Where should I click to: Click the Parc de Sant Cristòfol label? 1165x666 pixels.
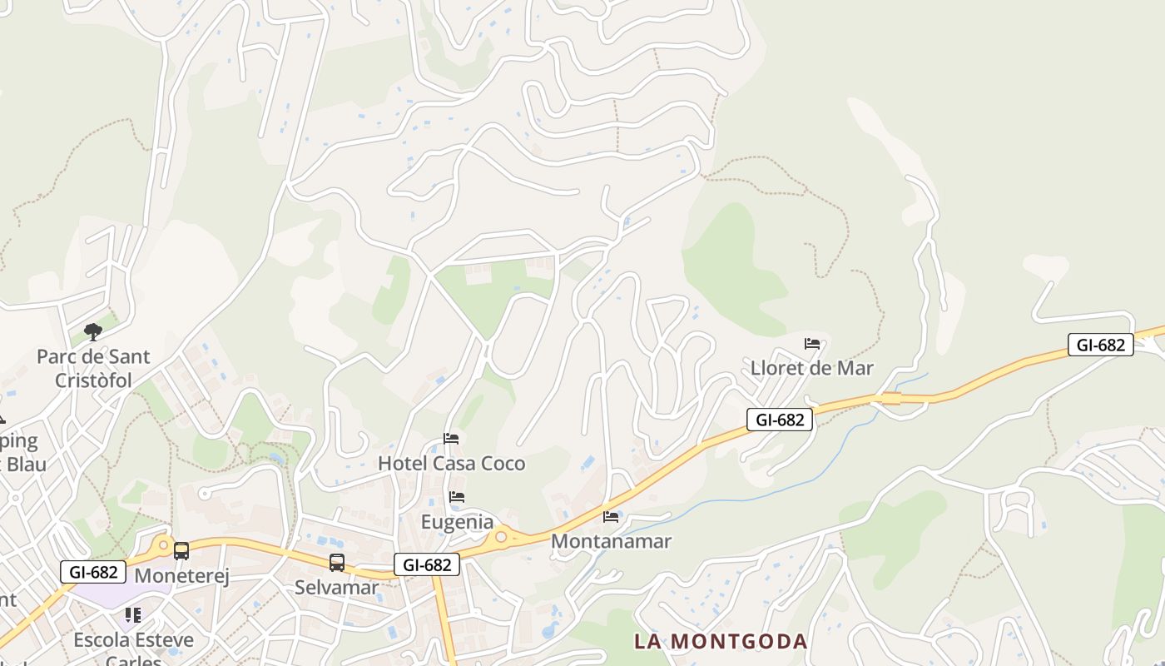93,368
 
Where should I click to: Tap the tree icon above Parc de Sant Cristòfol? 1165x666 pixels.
93,332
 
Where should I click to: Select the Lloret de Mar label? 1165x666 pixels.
811,368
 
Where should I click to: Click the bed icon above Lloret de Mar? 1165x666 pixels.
812,343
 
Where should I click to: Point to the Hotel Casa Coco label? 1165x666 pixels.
452,463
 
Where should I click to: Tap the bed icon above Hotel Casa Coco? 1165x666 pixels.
451,438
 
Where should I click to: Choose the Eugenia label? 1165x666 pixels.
457,522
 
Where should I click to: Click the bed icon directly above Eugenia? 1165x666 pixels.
457,497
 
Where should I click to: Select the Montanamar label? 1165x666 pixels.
611,541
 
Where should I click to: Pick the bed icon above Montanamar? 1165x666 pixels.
611,516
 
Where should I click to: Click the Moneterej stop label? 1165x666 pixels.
181,575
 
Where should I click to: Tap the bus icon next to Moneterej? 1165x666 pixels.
181,550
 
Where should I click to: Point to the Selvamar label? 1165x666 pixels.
336,587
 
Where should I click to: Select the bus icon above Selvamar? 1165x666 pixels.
336,563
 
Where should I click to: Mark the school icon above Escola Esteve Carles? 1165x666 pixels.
132,615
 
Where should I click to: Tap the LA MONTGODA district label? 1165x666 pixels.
721,642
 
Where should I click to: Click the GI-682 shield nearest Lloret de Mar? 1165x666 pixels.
780,420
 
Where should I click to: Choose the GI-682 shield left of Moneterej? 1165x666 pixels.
93,572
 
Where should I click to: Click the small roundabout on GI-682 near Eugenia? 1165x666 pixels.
501,537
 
